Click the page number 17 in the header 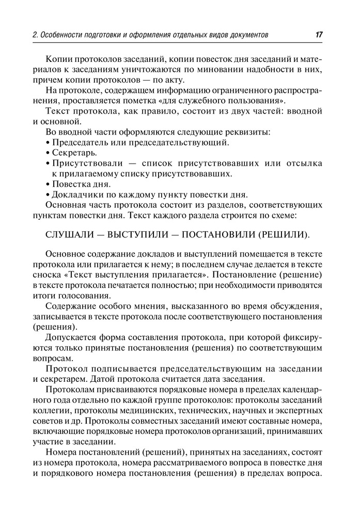click(319, 35)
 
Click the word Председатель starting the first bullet click(82, 142)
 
